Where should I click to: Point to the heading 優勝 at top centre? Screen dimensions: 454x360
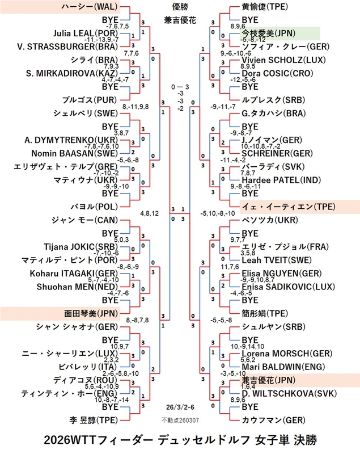pos(180,7)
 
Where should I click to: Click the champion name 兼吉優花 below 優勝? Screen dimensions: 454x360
pos(180,20)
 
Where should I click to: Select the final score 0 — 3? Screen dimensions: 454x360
pos(180,87)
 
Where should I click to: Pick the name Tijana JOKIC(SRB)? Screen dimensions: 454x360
pos(84,246)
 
